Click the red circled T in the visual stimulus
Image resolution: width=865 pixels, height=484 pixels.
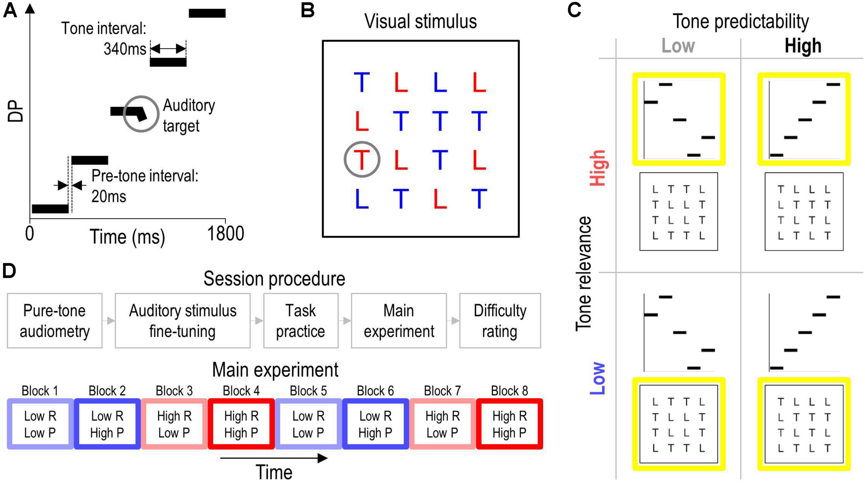pos(362,160)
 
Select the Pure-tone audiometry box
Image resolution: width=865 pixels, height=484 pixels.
pos(55,321)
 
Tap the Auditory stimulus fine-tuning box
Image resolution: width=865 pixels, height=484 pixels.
pos(182,321)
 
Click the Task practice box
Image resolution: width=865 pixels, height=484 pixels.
pos(300,321)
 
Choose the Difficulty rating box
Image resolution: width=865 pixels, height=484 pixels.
pos(500,321)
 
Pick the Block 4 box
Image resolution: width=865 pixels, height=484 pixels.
pos(241,424)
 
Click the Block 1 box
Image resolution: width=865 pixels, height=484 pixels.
pos(40,424)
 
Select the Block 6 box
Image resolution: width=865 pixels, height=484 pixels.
pos(375,424)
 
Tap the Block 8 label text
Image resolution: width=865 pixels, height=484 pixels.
pos(509,391)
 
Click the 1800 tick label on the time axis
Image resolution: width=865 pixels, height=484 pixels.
pos(225,234)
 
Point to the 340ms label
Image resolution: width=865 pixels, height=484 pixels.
pos(125,49)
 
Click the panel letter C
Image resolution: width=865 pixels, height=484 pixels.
pos(574,10)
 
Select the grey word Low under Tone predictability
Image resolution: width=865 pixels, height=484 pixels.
pos(678,46)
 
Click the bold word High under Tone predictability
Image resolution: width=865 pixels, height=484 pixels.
pos(803,46)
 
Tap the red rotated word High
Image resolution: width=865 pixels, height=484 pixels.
pos(598,168)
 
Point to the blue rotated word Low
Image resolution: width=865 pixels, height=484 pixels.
pos(598,378)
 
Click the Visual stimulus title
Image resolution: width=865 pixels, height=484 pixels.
pos(420,21)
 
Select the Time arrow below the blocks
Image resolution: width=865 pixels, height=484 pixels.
pos(273,458)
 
